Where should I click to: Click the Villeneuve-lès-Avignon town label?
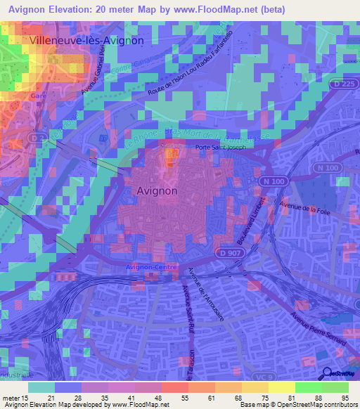tap(87, 41)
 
